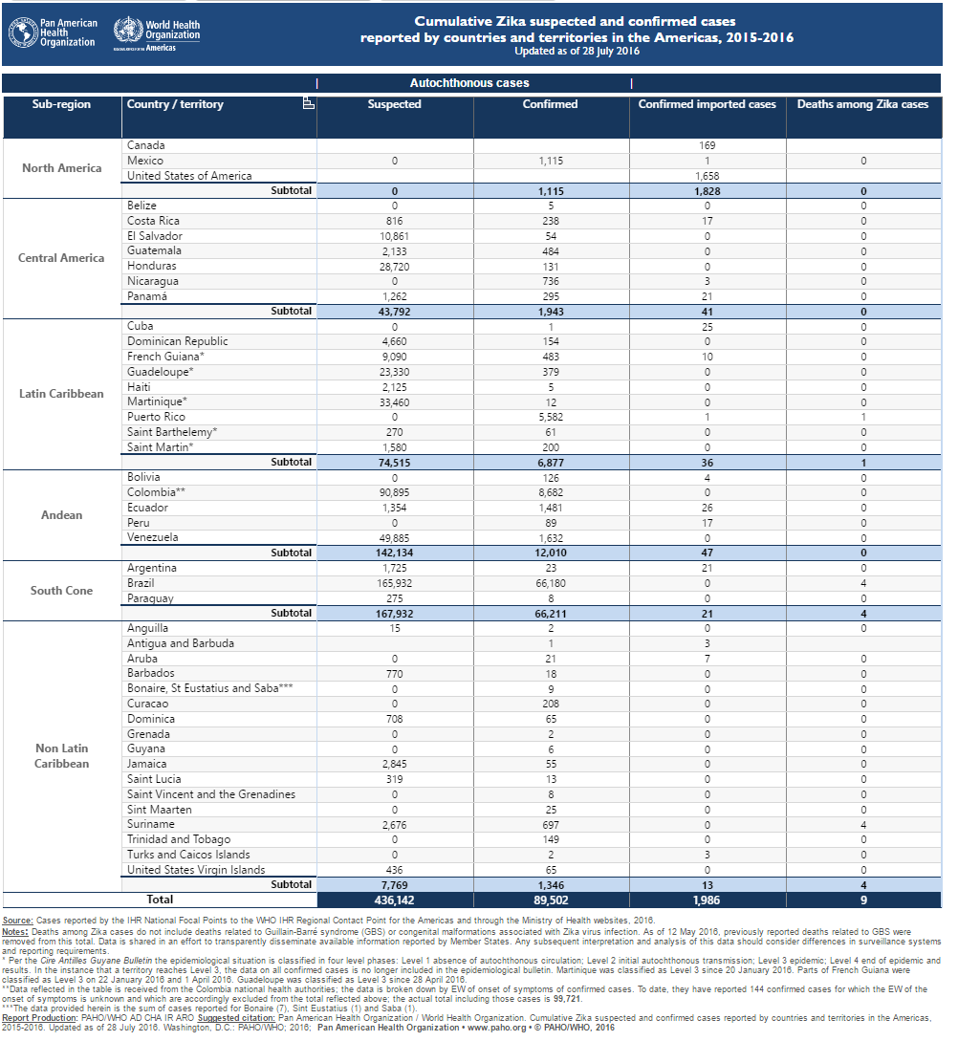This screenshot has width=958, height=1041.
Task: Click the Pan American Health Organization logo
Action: [x=53, y=33]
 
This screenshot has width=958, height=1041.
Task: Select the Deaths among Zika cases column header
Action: [x=862, y=104]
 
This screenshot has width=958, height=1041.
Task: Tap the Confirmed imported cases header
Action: [x=708, y=104]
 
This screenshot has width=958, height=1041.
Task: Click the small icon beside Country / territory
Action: [x=308, y=103]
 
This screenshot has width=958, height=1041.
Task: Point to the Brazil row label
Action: [x=141, y=583]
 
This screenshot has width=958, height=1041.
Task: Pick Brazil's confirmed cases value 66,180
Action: [x=551, y=583]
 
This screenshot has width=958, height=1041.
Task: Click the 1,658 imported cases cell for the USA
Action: [x=708, y=176]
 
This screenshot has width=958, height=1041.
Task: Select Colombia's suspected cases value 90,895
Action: [x=394, y=492]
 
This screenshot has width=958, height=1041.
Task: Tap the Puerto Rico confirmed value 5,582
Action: [x=551, y=417]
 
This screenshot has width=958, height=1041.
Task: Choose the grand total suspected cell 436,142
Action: [x=394, y=900]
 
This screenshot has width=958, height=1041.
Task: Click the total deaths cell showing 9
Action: [x=863, y=900]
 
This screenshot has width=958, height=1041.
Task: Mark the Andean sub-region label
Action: [x=62, y=515]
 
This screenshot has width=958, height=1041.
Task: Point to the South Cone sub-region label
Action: [x=62, y=591]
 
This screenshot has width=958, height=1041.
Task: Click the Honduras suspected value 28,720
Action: [x=394, y=267]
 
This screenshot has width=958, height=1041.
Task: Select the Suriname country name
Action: [x=151, y=824]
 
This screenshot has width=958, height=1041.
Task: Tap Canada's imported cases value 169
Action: [x=708, y=145]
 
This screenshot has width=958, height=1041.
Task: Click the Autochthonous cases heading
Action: [x=469, y=83]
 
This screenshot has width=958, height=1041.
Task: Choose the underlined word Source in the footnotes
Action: [x=17, y=921]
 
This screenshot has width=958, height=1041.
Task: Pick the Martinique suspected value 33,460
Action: [x=394, y=402]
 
